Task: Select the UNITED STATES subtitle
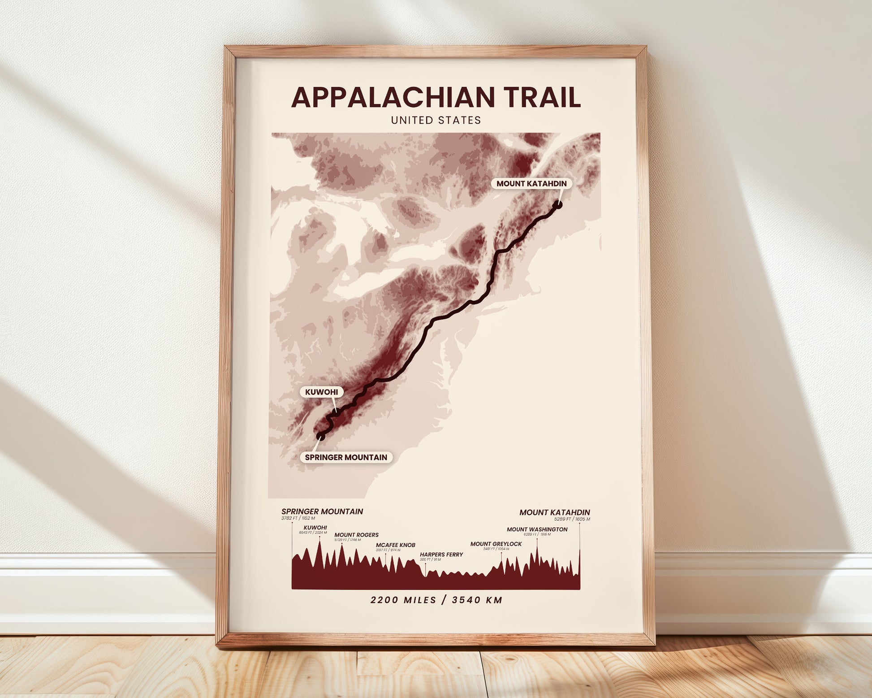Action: [x=436, y=120]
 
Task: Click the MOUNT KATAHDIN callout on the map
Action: [x=531, y=183]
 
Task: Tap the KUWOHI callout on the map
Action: [x=321, y=392]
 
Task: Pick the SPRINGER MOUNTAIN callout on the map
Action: [x=346, y=457]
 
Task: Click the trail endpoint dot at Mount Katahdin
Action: [x=558, y=205]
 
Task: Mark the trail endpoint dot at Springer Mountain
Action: [x=320, y=435]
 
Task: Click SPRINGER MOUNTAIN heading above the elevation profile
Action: [x=322, y=512]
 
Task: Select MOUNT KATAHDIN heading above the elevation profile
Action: [x=554, y=512]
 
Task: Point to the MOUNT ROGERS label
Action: [x=356, y=535]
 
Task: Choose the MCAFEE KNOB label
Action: [x=395, y=545]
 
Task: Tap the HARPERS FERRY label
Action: [x=441, y=555]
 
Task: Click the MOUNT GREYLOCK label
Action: [x=496, y=544]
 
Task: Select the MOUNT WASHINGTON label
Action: [x=537, y=529]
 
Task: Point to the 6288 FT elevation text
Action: [x=530, y=535]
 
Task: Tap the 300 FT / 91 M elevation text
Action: [x=430, y=560]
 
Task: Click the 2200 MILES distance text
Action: [x=403, y=600]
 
